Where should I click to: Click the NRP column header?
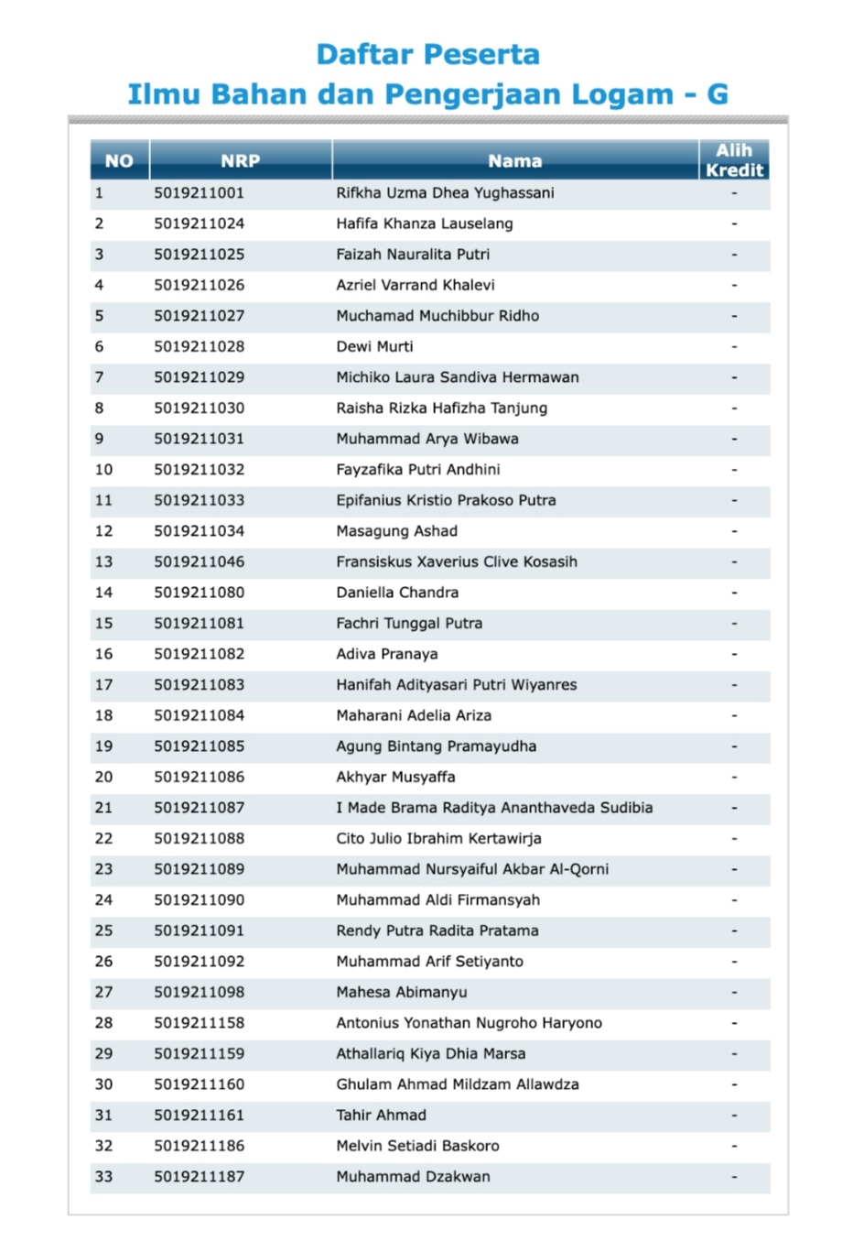pyautogui.click(x=240, y=161)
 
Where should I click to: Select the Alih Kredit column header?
pyautogui.click(x=734, y=160)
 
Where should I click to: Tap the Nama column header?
pyautogui.click(x=514, y=161)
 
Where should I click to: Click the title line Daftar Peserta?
pyautogui.click(x=427, y=55)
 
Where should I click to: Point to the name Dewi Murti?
pyautogui.click(x=374, y=347)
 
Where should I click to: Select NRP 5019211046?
pyautogui.click(x=199, y=562)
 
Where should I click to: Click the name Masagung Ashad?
pyautogui.click(x=396, y=531)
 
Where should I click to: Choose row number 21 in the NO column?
pyautogui.click(x=103, y=808)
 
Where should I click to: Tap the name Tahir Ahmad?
pyautogui.click(x=381, y=1116)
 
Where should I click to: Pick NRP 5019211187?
pyautogui.click(x=199, y=1177)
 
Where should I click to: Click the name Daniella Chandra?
pyautogui.click(x=397, y=593)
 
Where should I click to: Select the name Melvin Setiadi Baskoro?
pyautogui.click(x=417, y=1146)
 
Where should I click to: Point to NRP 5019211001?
pyautogui.click(x=199, y=193)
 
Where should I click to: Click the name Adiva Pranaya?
pyautogui.click(x=386, y=654)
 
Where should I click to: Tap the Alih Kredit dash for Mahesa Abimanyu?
pyautogui.click(x=734, y=993)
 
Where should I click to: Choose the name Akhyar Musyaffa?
pyautogui.click(x=395, y=778)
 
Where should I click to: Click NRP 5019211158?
pyautogui.click(x=199, y=1023)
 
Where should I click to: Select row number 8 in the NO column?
pyautogui.click(x=99, y=408)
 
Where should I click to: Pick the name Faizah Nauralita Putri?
pyautogui.click(x=413, y=255)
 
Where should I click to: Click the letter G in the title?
pyautogui.click(x=718, y=94)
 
